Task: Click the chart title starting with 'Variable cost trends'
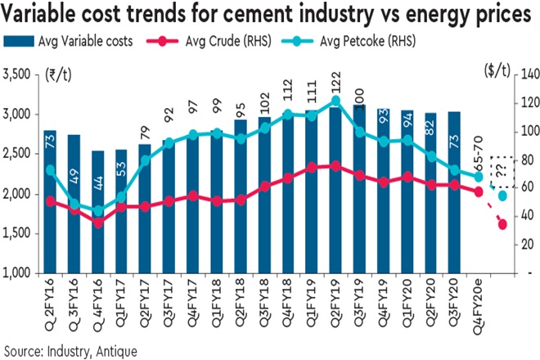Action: pos(270,13)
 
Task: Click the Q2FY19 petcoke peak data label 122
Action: pos(336,85)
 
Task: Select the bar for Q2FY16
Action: pos(50,201)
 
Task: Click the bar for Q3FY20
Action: pos(455,192)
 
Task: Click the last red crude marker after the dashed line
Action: pos(502,224)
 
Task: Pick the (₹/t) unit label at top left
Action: pos(59,75)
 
